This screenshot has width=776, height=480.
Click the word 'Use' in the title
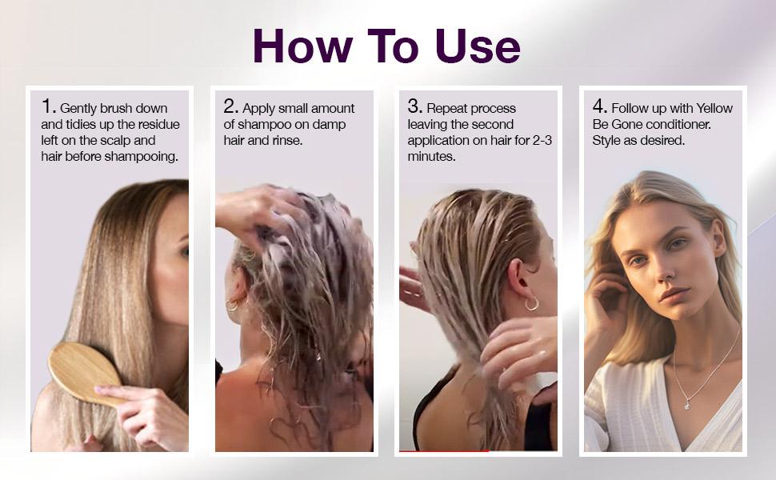[x=478, y=46]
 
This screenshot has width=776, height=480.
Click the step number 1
[x=47, y=106]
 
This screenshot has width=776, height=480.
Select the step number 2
[x=230, y=106]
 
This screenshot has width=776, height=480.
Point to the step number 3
[x=414, y=106]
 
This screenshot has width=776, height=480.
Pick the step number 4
[x=599, y=106]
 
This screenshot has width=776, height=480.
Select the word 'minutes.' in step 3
[x=431, y=156]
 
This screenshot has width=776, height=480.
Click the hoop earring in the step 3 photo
[x=531, y=303]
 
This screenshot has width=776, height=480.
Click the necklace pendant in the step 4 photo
[x=687, y=405]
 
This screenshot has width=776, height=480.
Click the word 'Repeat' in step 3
[x=447, y=109]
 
